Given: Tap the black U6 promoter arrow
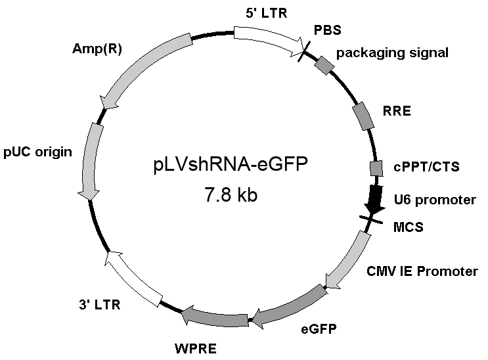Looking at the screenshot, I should click(376, 199).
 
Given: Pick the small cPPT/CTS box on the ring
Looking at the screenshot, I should click(376, 169).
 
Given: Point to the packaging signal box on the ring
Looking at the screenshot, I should click(324, 64).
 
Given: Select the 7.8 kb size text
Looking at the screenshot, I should click(227, 195).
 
